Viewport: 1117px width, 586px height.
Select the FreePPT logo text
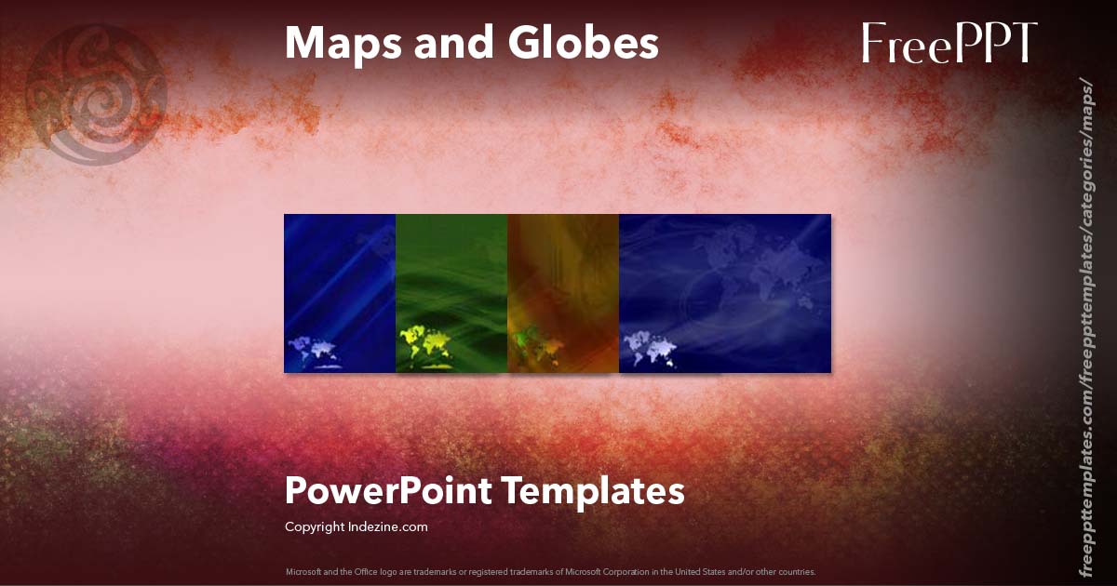[x=949, y=43]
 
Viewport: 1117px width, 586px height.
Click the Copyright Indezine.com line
[x=356, y=527]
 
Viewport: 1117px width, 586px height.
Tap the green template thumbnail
[x=451, y=293]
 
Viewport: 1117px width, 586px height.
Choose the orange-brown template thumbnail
[x=563, y=293]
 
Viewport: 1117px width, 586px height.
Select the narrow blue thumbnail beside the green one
[x=340, y=293]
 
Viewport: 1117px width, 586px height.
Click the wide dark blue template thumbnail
[x=725, y=293]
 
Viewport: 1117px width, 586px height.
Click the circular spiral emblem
[x=97, y=94]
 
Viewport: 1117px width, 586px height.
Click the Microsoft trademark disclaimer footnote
[x=550, y=571]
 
